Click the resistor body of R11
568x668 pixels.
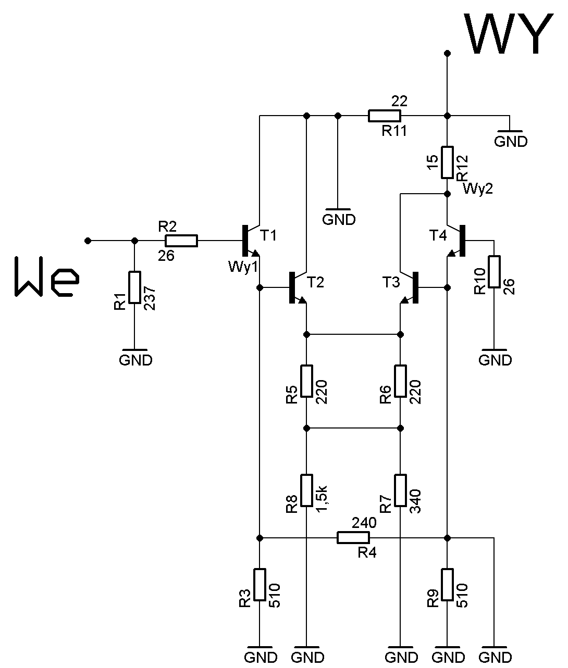384,116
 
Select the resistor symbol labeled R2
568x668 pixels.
181,241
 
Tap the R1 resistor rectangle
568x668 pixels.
134,287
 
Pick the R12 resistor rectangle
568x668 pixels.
447,162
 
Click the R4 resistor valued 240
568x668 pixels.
353,538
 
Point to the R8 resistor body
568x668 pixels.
306,490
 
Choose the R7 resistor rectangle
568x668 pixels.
400,490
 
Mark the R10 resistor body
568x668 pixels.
494,272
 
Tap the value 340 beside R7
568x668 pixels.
416,501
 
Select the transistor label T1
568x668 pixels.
268,235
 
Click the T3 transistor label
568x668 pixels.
391,282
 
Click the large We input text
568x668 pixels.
47,276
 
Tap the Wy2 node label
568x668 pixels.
478,188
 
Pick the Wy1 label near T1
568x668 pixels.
243,267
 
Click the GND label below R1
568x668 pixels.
135,360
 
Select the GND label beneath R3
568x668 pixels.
261,658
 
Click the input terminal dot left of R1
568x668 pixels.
88,241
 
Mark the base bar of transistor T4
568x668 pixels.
462,241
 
